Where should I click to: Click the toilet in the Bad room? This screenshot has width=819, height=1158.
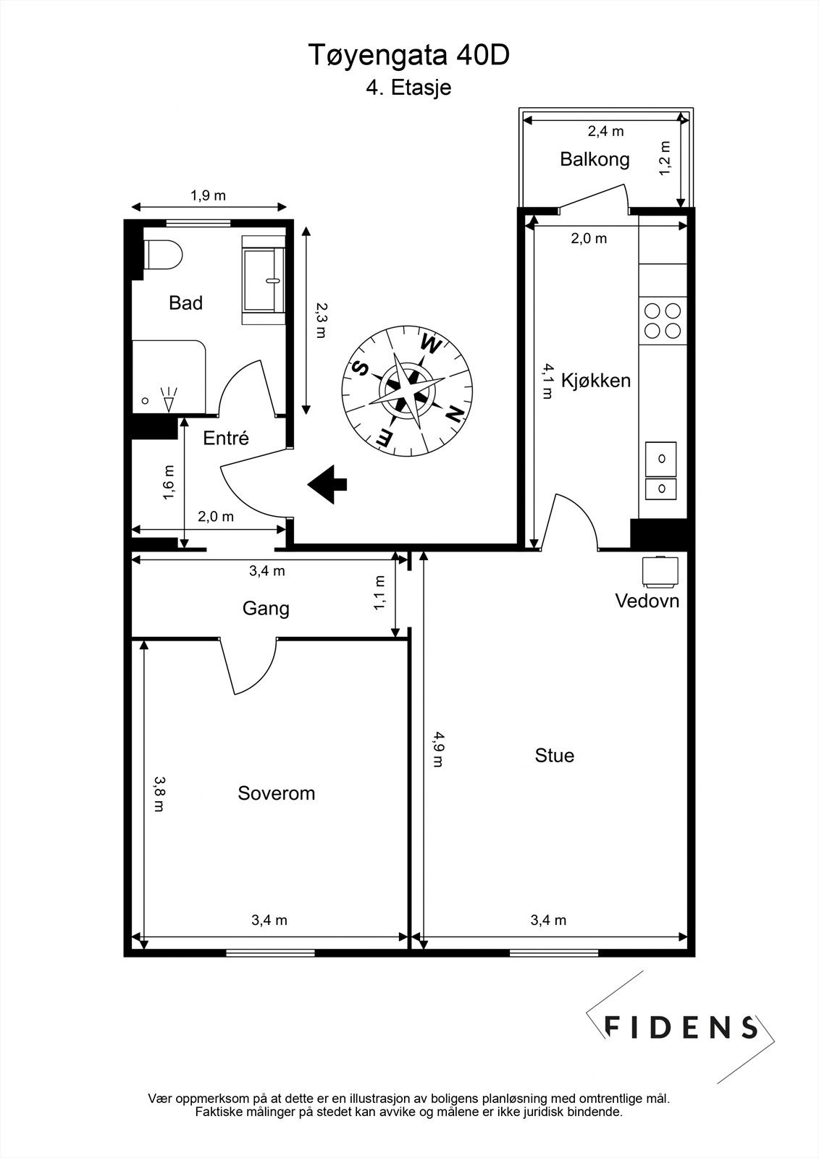(x=164, y=255)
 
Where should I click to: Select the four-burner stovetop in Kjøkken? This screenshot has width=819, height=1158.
(x=663, y=321)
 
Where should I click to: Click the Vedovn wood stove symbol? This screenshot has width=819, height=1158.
(x=660, y=571)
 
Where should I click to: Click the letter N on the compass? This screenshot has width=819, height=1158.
(x=454, y=415)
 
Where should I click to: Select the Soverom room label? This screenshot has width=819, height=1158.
(x=277, y=793)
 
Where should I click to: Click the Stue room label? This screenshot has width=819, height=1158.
(x=555, y=756)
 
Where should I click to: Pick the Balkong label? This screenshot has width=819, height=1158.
(x=595, y=159)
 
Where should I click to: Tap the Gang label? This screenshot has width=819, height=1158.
(x=266, y=609)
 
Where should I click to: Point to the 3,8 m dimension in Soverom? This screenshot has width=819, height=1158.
(x=158, y=793)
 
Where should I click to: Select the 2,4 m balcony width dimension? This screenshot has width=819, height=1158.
(x=605, y=132)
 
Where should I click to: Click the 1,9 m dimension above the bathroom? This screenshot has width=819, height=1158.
(x=208, y=195)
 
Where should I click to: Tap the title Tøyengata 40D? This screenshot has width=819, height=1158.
(x=409, y=56)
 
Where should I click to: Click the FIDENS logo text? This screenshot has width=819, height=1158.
(x=681, y=1027)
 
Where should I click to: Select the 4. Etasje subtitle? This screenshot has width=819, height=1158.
(x=408, y=88)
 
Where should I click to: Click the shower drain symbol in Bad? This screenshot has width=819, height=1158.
(x=146, y=400)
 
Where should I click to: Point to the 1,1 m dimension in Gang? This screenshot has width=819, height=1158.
(x=380, y=593)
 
